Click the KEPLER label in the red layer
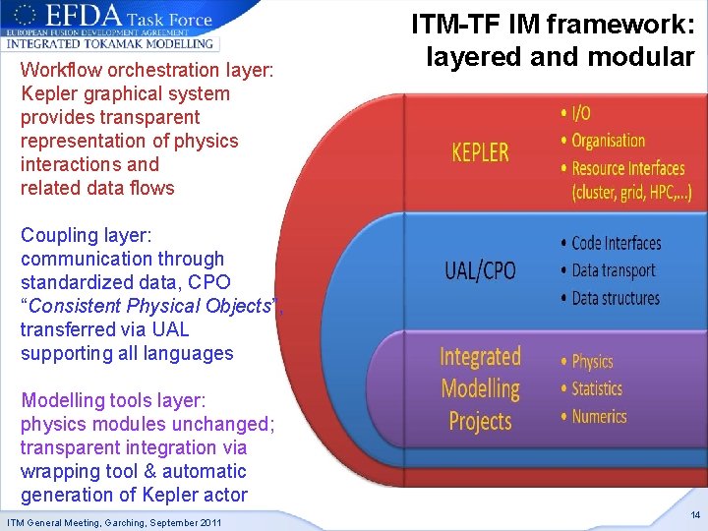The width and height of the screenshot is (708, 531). pos(480,152)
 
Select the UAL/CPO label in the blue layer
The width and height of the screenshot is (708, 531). pos(480,269)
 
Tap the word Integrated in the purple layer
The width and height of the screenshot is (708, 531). pos(480,356)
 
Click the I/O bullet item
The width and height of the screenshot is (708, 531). pos(582,114)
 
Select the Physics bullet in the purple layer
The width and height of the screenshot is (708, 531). pos(592,361)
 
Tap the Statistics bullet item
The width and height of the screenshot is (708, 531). pos(597,388)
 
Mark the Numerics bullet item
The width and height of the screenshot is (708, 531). pos(599,416)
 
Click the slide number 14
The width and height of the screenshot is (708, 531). pos(695,515)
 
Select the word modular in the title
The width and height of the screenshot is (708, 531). pos(641,56)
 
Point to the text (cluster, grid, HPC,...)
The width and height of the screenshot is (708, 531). pos(631,193)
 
